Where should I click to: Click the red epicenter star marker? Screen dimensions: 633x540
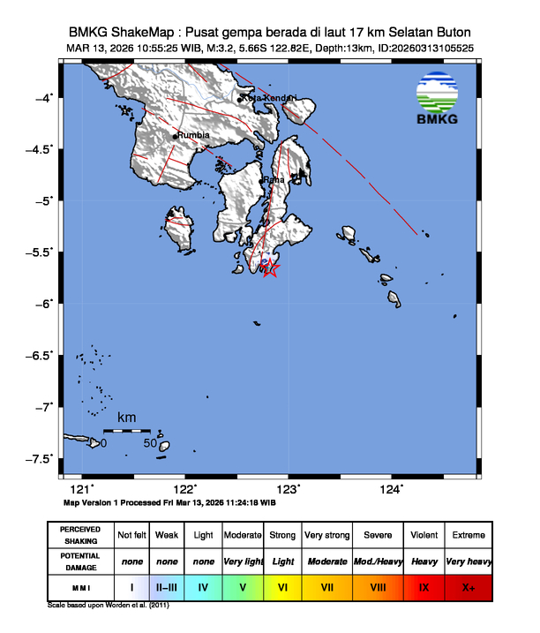point(271,269)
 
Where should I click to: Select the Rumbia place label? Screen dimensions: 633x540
point(193,135)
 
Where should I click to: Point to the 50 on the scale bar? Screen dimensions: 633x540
point(150,443)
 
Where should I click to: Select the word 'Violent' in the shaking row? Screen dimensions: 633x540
point(424,535)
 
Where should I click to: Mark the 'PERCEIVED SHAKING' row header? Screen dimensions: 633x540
point(80,535)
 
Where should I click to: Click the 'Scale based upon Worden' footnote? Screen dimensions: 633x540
point(108,607)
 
